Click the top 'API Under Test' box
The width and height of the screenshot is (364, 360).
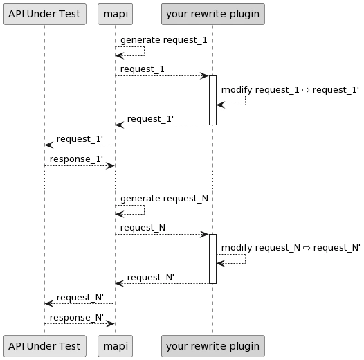click(x=45, y=14)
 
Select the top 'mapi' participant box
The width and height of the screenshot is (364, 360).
click(x=115, y=14)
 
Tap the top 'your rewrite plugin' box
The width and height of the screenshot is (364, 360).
click(x=213, y=14)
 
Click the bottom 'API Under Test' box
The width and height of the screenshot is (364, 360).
click(x=45, y=346)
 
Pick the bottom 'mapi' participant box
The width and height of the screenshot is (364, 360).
click(x=115, y=346)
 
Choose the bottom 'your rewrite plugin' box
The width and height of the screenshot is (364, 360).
click(x=213, y=346)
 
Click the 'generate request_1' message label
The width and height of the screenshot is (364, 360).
click(x=163, y=40)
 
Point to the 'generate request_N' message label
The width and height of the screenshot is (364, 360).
click(x=164, y=199)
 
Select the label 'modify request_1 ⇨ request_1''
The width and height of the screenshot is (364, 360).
click(x=290, y=90)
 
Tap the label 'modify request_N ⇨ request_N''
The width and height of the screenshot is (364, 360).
click(x=291, y=248)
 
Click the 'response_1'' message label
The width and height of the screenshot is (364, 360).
click(x=76, y=159)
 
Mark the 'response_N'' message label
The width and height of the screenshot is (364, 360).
click(x=77, y=318)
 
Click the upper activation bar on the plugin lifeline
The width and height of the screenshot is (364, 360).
click(x=212, y=100)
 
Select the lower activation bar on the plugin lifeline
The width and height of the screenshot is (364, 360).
click(x=212, y=259)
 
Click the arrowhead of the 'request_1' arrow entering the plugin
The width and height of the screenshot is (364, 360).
click(x=205, y=75)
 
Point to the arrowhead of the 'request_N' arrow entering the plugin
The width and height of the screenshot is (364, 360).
click(x=205, y=235)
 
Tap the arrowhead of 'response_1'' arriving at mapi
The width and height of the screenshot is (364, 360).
click(x=111, y=166)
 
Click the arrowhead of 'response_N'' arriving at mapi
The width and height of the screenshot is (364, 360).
click(x=111, y=324)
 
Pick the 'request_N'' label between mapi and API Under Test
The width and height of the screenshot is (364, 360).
click(x=80, y=298)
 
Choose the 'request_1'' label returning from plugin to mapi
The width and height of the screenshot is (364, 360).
click(x=150, y=119)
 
